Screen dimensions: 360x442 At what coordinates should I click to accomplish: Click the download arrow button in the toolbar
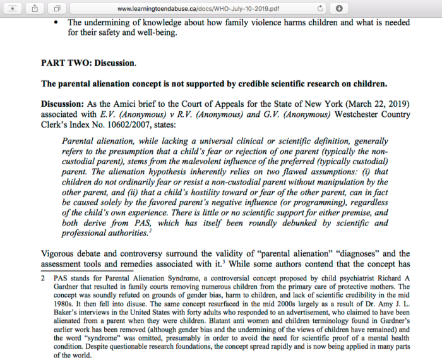point(339,8)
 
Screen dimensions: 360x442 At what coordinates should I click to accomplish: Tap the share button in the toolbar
point(35,8)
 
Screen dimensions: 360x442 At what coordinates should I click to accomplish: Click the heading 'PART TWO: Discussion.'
point(88,64)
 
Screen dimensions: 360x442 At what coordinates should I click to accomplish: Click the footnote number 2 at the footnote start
point(43,278)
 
